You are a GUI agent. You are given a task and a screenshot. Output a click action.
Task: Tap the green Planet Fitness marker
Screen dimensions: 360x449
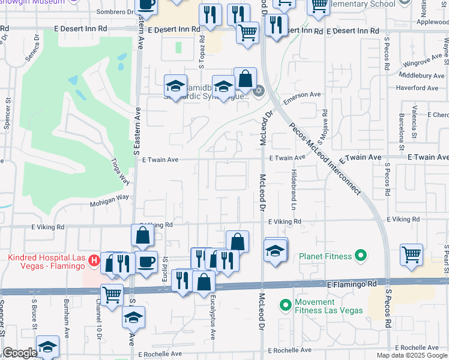(360, 256)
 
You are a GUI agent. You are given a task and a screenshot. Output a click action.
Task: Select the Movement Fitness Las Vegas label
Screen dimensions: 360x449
(329, 306)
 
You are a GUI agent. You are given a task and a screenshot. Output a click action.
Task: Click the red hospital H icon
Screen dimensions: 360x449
(94, 260)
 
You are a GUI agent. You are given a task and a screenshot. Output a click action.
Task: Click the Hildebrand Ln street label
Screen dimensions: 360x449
(294, 188)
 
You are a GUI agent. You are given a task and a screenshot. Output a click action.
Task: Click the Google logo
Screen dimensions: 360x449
(20, 353)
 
